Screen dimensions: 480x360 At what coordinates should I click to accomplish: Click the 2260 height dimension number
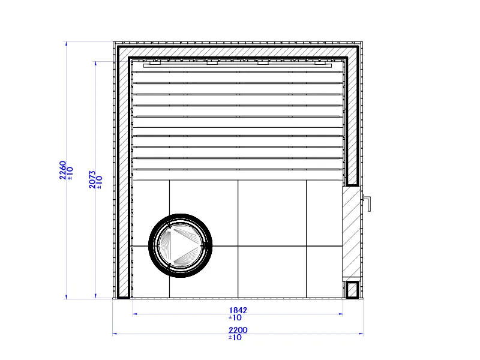click(63, 170)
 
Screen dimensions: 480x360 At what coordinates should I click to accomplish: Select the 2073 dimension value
click(92, 179)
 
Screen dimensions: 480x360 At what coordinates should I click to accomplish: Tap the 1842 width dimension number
click(238, 310)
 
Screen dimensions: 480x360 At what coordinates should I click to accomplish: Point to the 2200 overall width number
click(238, 330)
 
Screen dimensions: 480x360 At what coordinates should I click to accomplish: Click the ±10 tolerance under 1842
click(235, 318)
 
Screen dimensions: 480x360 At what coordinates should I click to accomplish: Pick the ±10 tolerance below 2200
click(235, 337)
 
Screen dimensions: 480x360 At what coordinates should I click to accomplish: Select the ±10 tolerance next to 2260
click(70, 173)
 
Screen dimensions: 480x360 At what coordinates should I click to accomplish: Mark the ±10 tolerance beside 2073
click(100, 182)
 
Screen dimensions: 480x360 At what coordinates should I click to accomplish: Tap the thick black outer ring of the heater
click(181, 215)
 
